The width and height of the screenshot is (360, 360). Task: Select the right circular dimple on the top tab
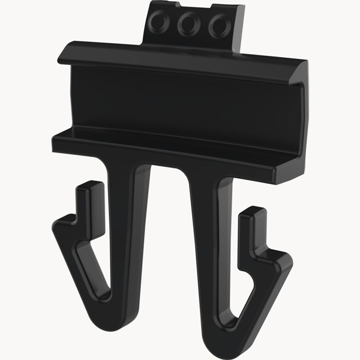click(217, 26)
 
